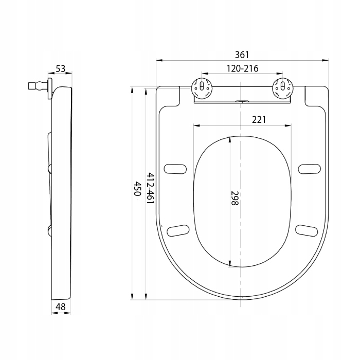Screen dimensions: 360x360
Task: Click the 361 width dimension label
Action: [242, 55]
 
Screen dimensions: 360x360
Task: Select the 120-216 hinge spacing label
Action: [242, 68]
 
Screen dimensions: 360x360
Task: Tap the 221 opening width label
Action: [259, 120]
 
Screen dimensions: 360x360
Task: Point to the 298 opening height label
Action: [235, 198]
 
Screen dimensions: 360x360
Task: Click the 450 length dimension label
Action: [137, 189]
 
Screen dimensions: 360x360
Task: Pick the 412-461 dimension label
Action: [150, 188]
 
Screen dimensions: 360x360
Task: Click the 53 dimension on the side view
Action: [61, 68]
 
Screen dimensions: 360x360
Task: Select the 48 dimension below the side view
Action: [61, 307]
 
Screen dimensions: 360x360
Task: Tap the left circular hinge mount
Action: [202, 88]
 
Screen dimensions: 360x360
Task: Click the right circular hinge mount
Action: [283, 88]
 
